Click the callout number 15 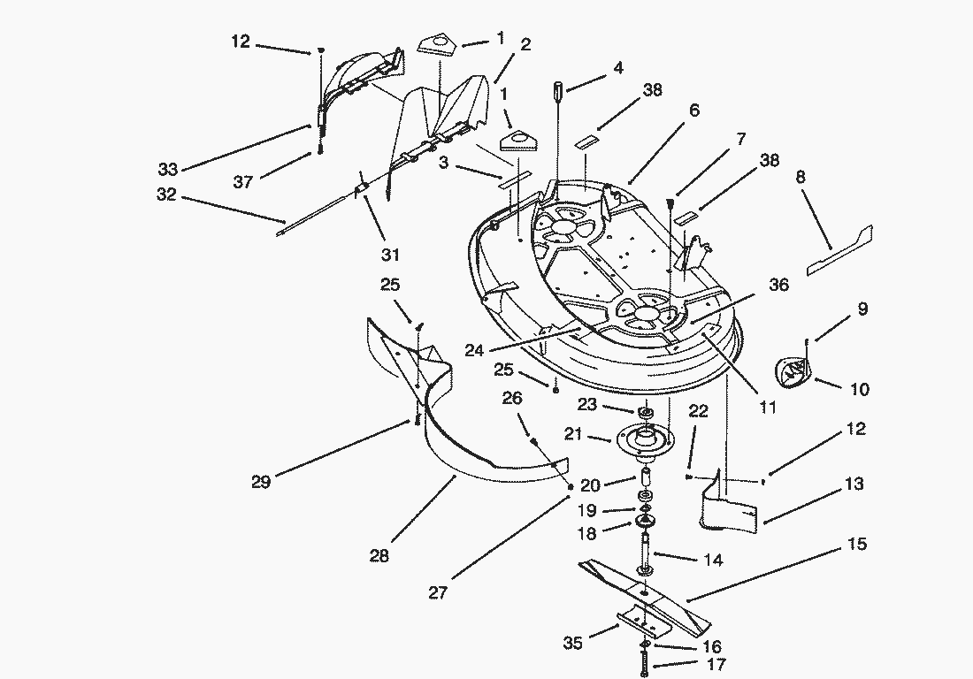pos(857,545)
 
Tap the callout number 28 pos(379,556)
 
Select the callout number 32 pos(166,195)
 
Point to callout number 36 pos(778,286)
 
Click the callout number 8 pos(801,177)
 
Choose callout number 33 pos(168,170)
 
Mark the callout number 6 pos(694,111)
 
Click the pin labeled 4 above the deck pos(560,90)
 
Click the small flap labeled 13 pos(730,511)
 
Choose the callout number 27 pos(438,593)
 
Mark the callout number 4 pos(618,67)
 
